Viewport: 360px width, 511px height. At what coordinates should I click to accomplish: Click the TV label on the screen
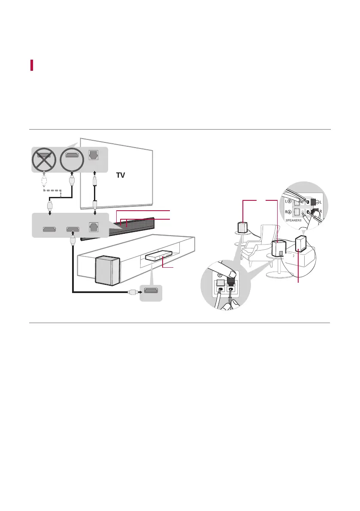[122, 175]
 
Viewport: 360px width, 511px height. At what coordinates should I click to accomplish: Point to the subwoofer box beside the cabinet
[107, 270]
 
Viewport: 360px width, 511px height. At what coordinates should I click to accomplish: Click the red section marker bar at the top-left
[32, 65]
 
